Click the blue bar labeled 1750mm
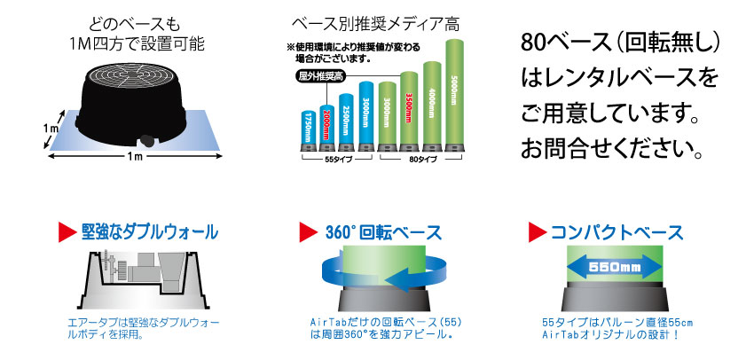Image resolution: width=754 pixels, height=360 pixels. (x=308, y=127)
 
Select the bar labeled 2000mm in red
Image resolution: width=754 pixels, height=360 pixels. (x=327, y=123)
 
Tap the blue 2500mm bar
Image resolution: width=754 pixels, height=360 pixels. (x=346, y=118)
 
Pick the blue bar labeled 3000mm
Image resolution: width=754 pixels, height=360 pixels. (x=365, y=112)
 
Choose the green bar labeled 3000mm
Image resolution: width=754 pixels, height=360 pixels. (x=386, y=113)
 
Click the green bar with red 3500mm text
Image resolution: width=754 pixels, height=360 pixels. (x=409, y=107)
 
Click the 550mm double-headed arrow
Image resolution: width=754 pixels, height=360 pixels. (x=615, y=266)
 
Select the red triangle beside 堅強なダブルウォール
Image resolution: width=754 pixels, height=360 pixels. (x=67, y=232)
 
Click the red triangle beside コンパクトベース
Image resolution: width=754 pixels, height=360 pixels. (x=538, y=232)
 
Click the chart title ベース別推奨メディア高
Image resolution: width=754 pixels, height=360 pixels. (x=375, y=22)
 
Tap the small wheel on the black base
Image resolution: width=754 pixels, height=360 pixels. (x=146, y=141)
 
